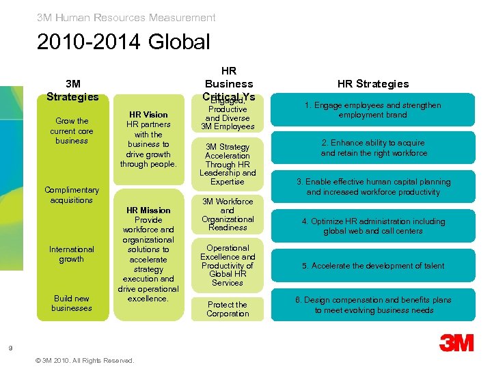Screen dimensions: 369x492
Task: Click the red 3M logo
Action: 456,342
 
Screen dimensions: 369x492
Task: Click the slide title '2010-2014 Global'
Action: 124,42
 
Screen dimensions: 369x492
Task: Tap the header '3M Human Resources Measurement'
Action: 126,18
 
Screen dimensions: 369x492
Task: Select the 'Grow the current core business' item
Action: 72,131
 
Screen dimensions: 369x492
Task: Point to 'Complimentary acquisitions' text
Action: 72,195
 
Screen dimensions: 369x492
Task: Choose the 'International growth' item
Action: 72,254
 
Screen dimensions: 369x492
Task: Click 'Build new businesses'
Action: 72,303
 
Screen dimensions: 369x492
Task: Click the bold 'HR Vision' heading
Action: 148,115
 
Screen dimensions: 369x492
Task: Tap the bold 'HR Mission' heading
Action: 148,210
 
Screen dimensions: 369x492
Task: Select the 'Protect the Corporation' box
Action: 228,309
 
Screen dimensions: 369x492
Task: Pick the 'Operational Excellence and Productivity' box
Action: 228,265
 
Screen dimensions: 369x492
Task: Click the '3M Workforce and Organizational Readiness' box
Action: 228,215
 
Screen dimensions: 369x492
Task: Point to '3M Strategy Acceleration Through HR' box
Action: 228,164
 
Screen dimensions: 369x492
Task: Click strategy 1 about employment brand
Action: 372,110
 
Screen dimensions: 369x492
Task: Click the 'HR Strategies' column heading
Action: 373,84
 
